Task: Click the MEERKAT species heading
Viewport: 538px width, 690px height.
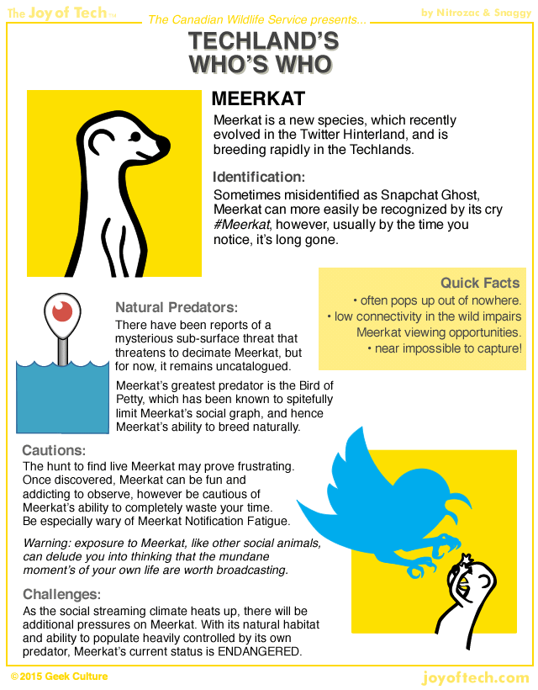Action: (258, 99)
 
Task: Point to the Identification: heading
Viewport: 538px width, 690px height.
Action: (258, 177)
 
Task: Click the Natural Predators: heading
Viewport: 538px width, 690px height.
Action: (177, 307)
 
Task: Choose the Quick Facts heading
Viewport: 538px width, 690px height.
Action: (480, 283)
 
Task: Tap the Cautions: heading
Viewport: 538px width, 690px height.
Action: (54, 450)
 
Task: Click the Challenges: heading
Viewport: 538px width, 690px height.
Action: (61, 593)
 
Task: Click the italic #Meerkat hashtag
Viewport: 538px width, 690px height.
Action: (240, 225)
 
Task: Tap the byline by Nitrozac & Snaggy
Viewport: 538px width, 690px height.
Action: (474, 12)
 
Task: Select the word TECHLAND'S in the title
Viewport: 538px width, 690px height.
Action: (263, 41)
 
